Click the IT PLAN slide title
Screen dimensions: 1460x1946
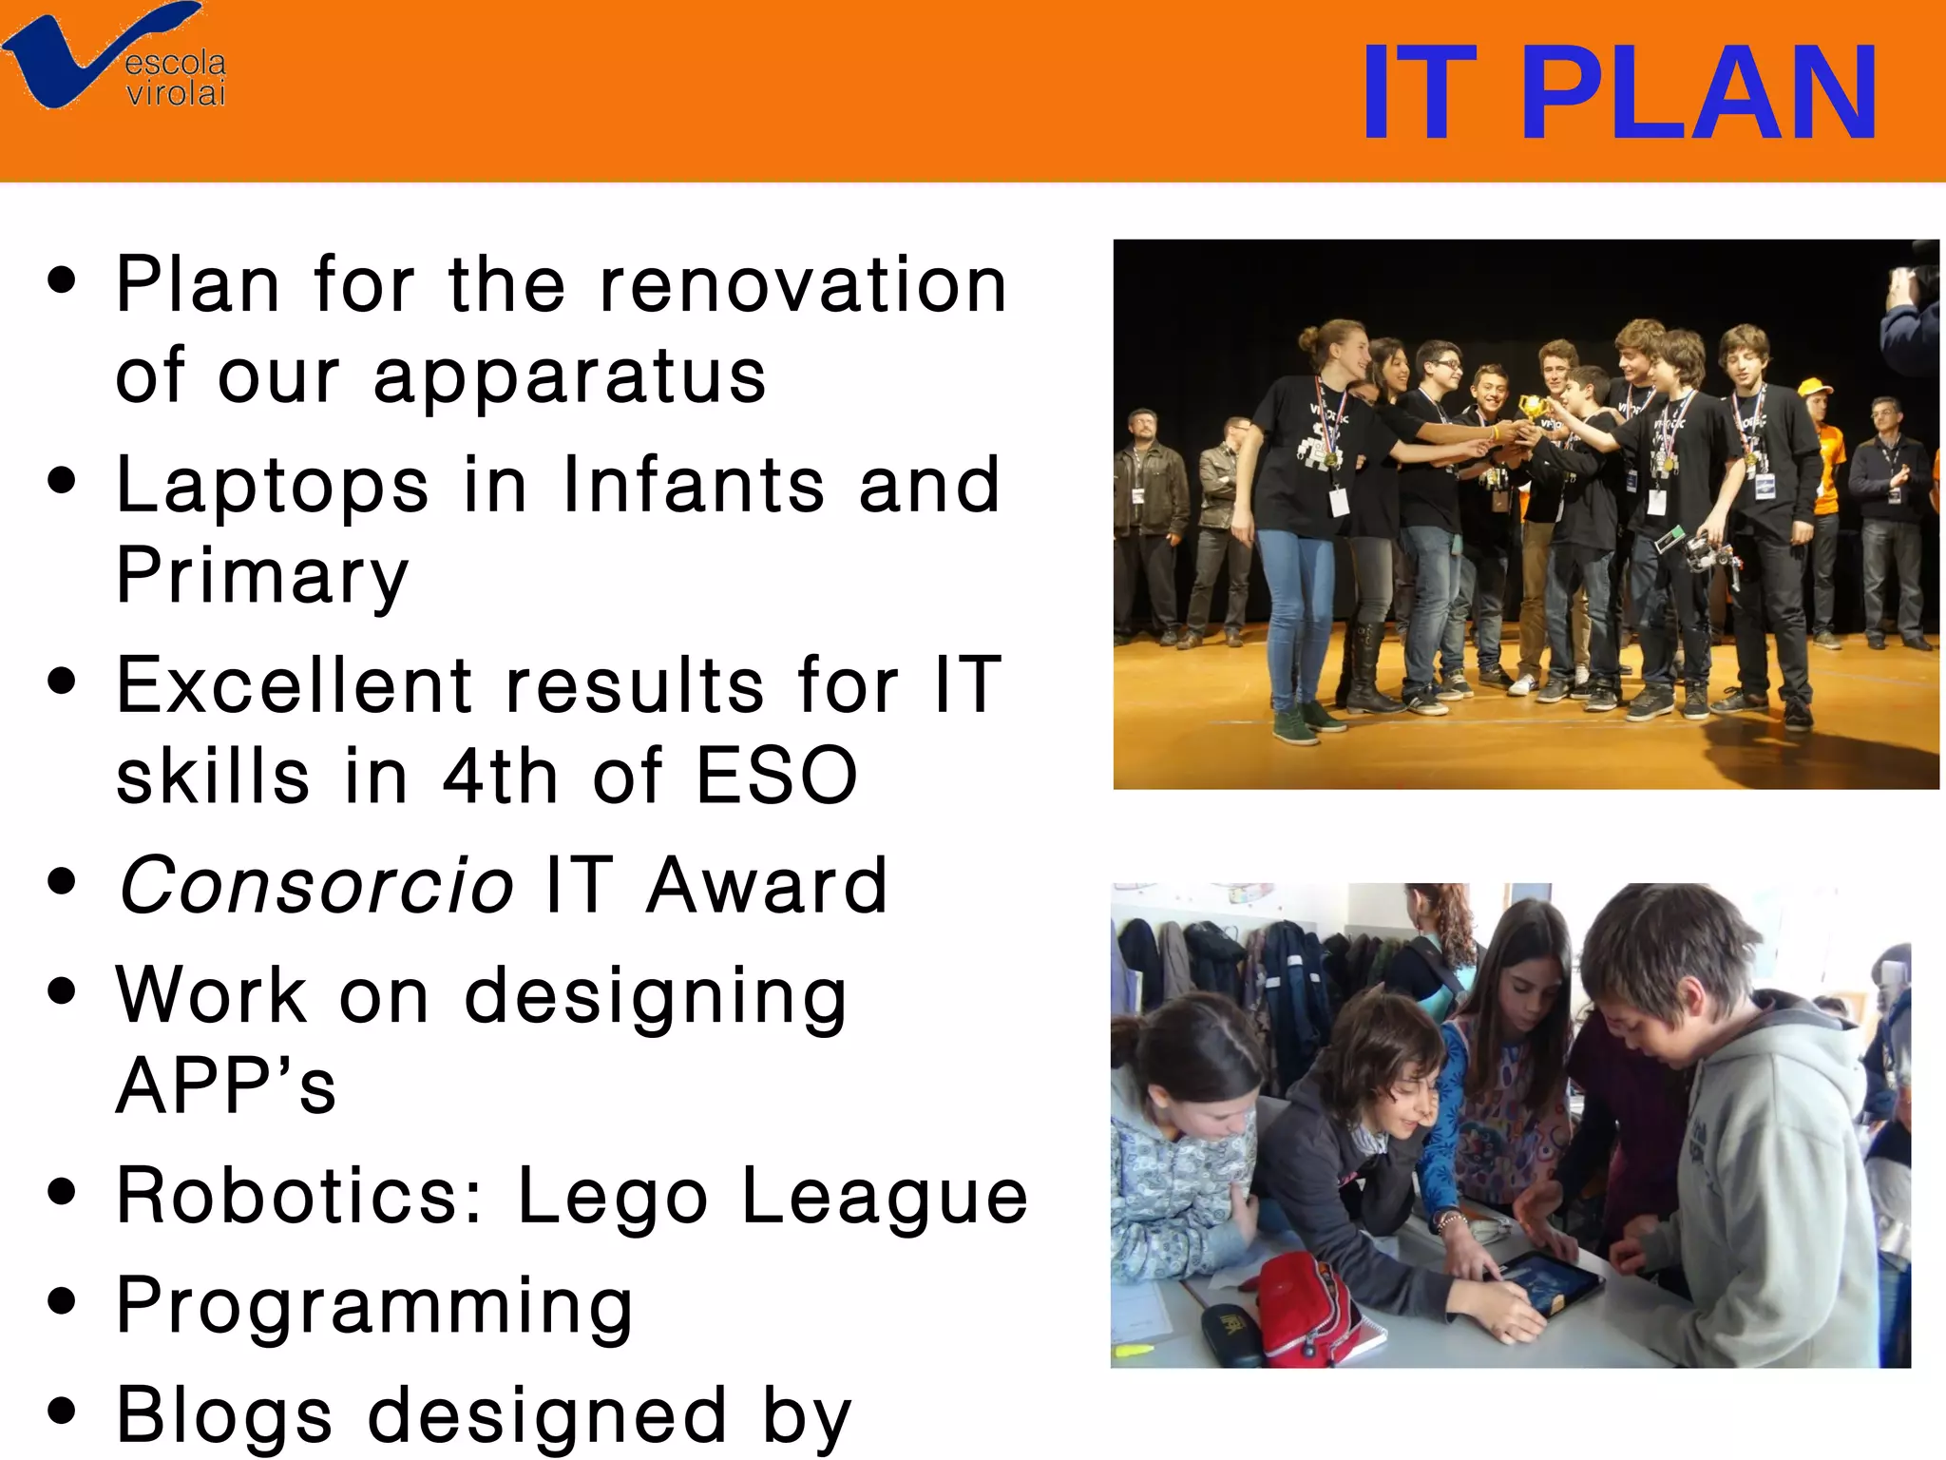(x=1618, y=93)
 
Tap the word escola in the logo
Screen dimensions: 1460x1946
(x=176, y=63)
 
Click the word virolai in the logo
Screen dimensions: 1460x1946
(x=177, y=94)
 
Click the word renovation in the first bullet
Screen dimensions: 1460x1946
(x=803, y=285)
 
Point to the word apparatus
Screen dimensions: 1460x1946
(x=570, y=377)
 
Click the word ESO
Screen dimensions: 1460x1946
(x=777, y=776)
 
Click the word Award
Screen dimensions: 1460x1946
(x=767, y=886)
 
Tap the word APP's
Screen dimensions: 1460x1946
(x=226, y=1085)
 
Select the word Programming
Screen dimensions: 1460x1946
(x=374, y=1307)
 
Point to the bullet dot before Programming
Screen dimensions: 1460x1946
(x=62, y=1300)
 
